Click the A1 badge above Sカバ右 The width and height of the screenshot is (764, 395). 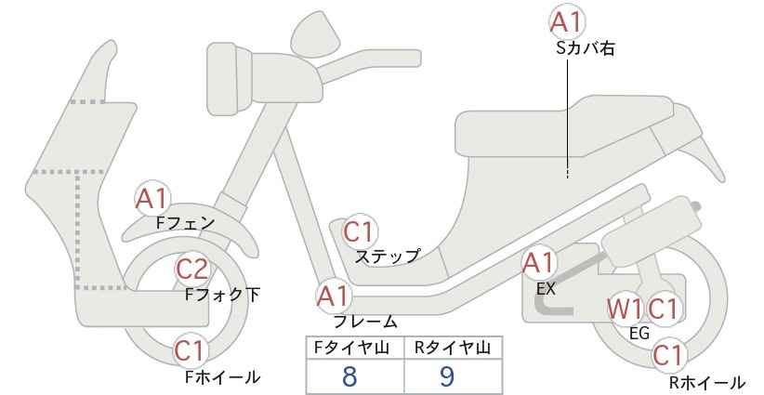pos(567,21)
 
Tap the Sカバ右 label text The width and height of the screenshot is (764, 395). pos(585,48)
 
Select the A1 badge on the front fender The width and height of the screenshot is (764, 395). pos(152,198)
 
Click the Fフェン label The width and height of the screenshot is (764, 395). pos(186,223)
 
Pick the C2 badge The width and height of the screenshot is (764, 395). pos(192,269)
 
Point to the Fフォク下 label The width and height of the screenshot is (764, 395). pos(223,295)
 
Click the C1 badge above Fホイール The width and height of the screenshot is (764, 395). pos(189,350)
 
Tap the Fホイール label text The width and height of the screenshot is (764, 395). pos(223,377)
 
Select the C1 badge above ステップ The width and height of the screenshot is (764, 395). pos(359,231)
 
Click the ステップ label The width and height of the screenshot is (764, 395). pos(387,257)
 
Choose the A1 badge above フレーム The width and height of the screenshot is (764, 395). pos(334,296)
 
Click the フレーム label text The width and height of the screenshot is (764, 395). pos(365,322)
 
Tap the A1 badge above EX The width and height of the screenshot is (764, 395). pos(539,263)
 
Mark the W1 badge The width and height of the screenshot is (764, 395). pos(626,309)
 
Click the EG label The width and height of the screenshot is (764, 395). pos(639,334)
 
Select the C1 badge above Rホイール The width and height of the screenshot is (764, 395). pos(667,355)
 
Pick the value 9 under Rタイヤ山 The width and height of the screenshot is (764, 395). pos(447,376)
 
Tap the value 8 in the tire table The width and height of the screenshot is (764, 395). pos(349,376)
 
